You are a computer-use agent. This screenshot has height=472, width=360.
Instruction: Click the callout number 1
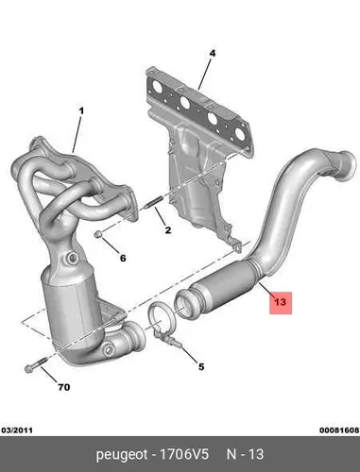point(81,111)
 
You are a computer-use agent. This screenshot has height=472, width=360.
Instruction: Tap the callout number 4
point(213,54)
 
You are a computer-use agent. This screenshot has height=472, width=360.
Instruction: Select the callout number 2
point(168,230)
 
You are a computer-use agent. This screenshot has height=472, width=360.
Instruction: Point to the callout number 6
point(123,258)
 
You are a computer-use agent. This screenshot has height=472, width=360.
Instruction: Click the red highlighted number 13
point(280,302)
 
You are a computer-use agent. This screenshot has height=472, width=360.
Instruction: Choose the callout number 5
point(201,366)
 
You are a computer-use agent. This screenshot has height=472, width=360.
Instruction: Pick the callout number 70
point(64,387)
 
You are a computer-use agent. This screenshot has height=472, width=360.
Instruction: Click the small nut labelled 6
point(98,234)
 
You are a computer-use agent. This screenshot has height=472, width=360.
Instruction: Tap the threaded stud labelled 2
point(153,202)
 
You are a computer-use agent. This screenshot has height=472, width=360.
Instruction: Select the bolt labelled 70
point(36,364)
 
